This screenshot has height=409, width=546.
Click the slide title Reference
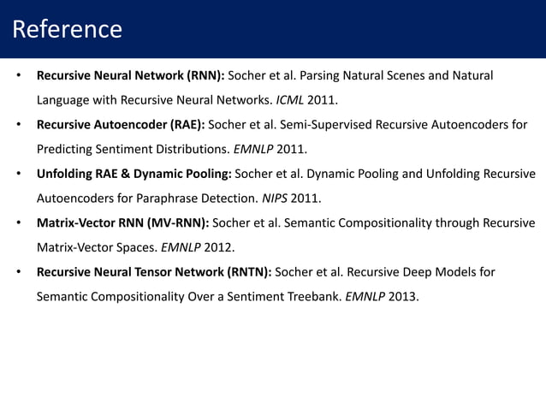pyautogui.click(x=68, y=29)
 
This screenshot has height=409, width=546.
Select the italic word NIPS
pyautogui.click(x=276, y=199)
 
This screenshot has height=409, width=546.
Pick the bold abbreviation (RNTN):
pyautogui.click(x=242, y=274)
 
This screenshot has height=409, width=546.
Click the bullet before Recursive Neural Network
pyautogui.click(x=18, y=75)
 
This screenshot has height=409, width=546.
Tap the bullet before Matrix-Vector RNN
pyautogui.click(x=18, y=224)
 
